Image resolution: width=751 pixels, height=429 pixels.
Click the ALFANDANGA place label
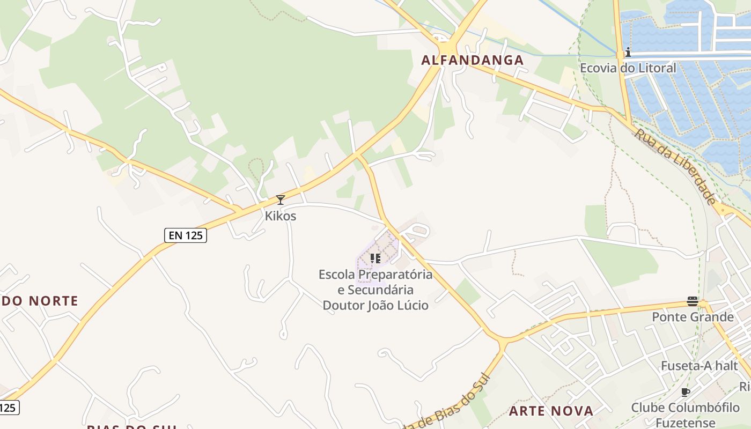472,60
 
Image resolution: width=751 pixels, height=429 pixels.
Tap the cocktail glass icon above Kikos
280,201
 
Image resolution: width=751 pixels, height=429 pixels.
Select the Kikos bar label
280,216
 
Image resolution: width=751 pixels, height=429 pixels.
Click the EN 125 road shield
185,235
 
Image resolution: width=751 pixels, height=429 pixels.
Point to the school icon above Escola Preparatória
376,259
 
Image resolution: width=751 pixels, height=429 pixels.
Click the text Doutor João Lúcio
376,306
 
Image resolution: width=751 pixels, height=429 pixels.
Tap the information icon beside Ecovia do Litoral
628,53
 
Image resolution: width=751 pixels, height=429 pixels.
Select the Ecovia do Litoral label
628,69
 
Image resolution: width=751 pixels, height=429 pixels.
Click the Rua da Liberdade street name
675,166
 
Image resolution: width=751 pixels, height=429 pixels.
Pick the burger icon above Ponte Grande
693,301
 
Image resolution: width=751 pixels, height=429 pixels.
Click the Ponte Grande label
693,317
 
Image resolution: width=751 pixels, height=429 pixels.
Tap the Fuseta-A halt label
700,366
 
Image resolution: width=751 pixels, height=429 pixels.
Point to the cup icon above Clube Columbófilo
685,392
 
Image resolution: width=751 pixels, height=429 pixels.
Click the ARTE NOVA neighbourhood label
551,411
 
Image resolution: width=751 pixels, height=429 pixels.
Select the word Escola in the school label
337,275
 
